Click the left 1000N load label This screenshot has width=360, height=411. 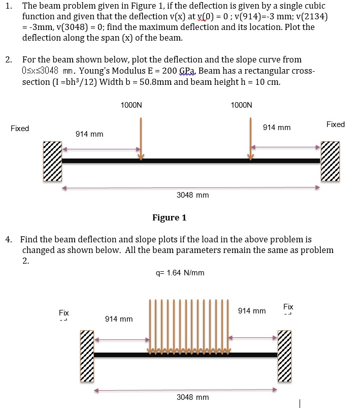tap(132, 105)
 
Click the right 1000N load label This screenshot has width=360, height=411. tap(241, 105)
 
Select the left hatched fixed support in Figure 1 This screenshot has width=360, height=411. tap(52, 161)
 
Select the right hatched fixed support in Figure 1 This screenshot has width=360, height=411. tap(330, 161)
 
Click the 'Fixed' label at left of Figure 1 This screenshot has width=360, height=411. tap(20, 129)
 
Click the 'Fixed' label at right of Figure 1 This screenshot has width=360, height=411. tap(336, 124)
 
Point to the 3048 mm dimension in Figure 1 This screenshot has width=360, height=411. tap(192, 195)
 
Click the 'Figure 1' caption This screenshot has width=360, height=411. tap(169, 218)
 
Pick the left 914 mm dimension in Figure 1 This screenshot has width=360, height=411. tap(89, 134)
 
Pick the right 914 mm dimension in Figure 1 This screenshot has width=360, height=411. tap(277, 128)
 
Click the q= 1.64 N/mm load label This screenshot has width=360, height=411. tap(180, 273)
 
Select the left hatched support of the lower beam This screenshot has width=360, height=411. tap(87, 356)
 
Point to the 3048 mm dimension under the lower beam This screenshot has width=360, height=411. tap(192, 397)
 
